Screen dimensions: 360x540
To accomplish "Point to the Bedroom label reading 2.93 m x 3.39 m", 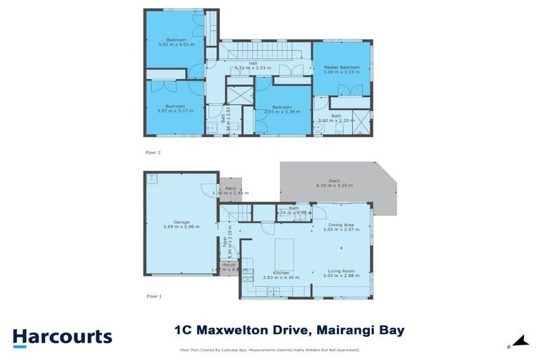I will tap(282, 110).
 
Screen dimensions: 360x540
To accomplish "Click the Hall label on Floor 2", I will tap(252, 66).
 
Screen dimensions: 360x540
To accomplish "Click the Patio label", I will tap(230, 191).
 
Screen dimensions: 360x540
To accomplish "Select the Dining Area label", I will tap(338, 226).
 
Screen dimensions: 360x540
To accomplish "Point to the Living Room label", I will tap(338, 274).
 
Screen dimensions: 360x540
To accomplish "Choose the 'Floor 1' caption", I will tap(154, 297).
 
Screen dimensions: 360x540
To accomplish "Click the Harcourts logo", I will tap(62, 337).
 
